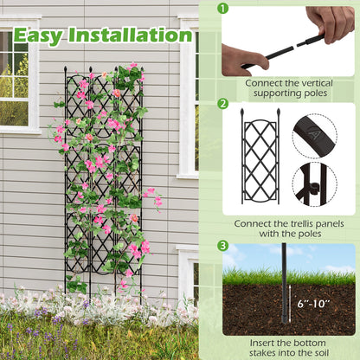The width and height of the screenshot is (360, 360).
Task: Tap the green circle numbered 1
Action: coord(223,9)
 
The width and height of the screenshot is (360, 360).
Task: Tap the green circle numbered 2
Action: coord(223,103)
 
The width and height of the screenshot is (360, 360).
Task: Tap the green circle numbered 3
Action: coord(223,246)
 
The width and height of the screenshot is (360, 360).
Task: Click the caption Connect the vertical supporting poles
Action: coord(287,87)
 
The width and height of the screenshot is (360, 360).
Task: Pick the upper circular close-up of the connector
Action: coord(314,134)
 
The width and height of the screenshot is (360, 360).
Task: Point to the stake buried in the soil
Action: coord(286,309)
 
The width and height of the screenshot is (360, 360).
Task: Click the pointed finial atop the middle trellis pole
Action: coord(89,68)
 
